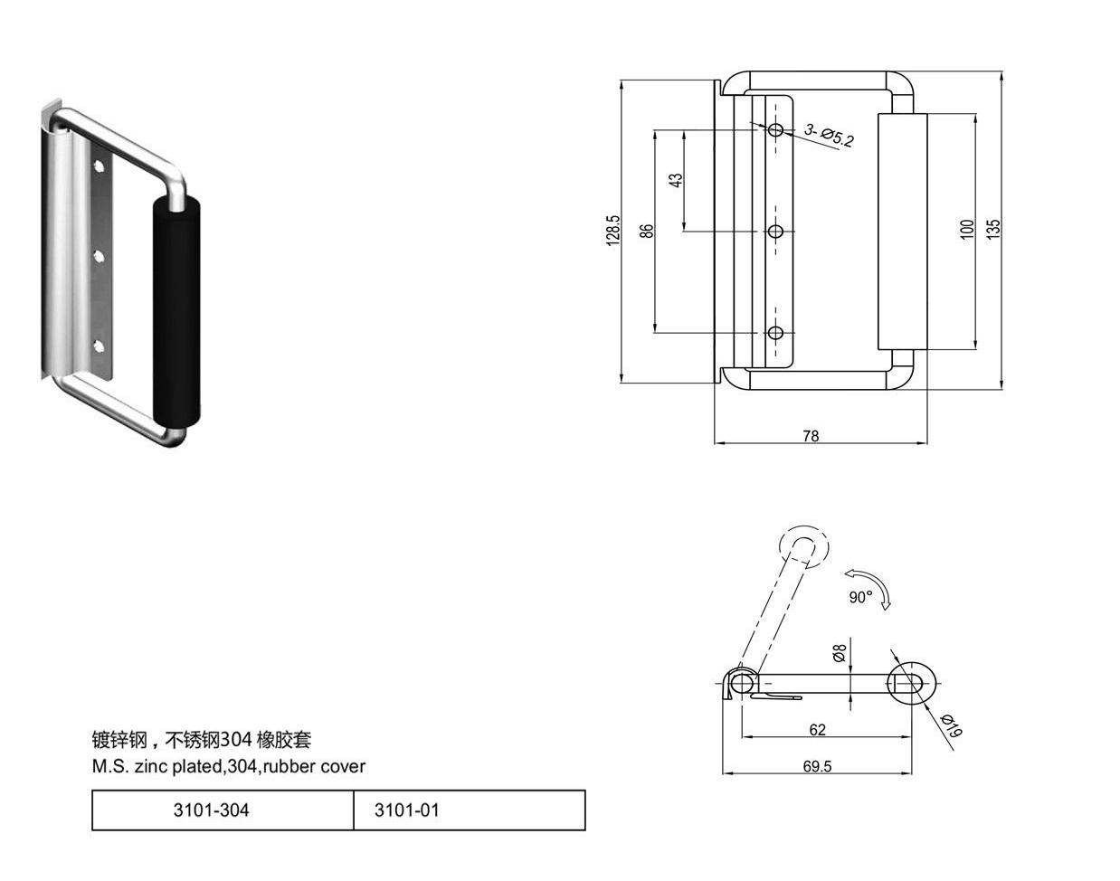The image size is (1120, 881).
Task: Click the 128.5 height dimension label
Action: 613,231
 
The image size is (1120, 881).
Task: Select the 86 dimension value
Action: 646,231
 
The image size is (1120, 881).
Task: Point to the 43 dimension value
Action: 675,180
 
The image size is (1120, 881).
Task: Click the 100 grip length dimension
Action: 966,230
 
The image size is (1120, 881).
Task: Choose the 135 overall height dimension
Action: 993,229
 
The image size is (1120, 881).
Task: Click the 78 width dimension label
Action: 811,436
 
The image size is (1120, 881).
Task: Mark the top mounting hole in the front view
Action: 775,130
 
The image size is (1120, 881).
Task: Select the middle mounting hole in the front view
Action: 775,231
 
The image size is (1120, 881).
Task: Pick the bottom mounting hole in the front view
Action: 775,333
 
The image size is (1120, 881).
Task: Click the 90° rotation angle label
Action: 860,597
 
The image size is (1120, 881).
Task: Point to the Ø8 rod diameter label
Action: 840,653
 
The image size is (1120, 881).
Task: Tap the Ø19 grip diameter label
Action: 952,726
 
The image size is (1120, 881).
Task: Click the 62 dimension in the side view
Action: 818,730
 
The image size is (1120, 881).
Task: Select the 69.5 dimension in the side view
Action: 817,766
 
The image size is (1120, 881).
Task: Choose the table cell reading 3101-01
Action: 470,810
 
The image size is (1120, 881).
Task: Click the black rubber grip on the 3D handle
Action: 176,312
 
